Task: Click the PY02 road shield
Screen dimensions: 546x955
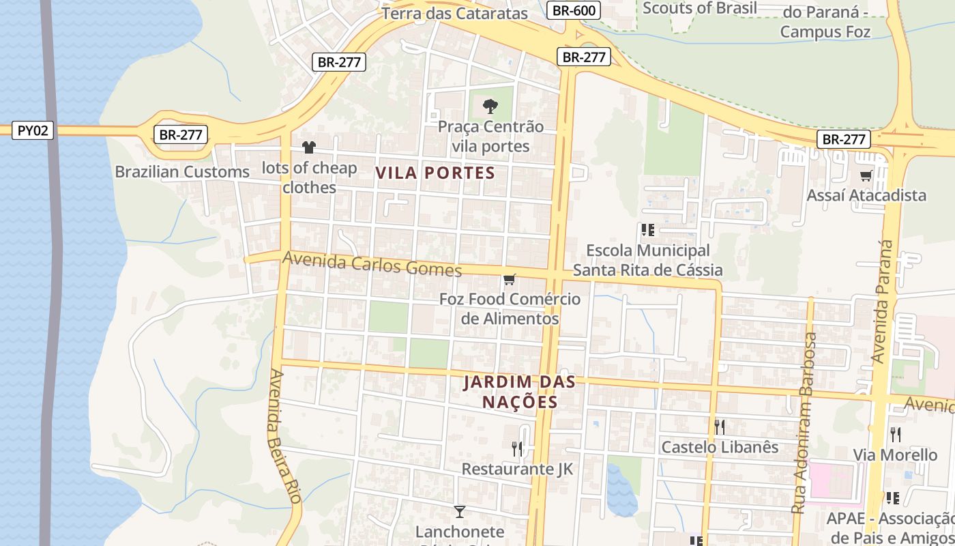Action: pyautogui.click(x=33, y=130)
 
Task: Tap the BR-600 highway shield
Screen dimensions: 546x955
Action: pyautogui.click(x=574, y=10)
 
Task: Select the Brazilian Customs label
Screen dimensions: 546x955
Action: pyautogui.click(x=182, y=172)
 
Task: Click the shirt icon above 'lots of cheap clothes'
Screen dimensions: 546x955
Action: pyautogui.click(x=309, y=147)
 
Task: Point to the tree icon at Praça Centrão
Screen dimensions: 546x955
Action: pyautogui.click(x=490, y=106)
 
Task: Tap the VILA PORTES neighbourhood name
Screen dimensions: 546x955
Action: pyautogui.click(x=435, y=173)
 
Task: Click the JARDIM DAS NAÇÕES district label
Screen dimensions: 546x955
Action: pyautogui.click(x=520, y=392)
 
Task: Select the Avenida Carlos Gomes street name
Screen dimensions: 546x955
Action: pyautogui.click(x=372, y=263)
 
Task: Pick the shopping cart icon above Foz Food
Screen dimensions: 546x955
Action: pyautogui.click(x=510, y=279)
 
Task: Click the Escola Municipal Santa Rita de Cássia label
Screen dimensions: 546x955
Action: pyautogui.click(x=647, y=261)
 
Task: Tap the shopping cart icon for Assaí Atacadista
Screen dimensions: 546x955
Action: pyautogui.click(x=866, y=176)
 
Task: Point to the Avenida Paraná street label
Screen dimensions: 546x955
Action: pyautogui.click(x=883, y=300)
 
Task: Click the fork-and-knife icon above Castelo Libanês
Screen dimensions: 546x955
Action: pyautogui.click(x=720, y=427)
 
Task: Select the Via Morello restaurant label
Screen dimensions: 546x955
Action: pyautogui.click(x=895, y=455)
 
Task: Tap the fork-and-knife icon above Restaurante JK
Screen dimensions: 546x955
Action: pyautogui.click(x=517, y=448)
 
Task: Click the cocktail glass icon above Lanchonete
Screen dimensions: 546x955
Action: pyautogui.click(x=460, y=511)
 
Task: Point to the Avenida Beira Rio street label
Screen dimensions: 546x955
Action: pyautogui.click(x=284, y=437)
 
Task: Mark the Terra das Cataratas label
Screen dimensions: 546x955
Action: pyautogui.click(x=455, y=13)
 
